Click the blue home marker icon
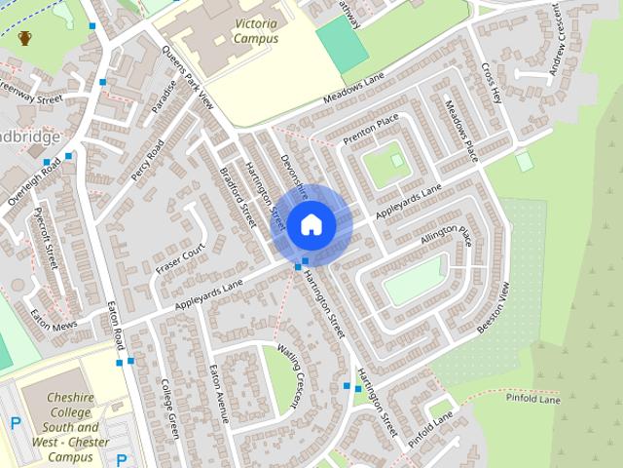pos(311,225)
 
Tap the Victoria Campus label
pos(242,28)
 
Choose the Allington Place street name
pos(446,235)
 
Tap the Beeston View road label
pos(494,310)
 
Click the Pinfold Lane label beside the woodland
pos(534,399)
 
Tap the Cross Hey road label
pos(490,82)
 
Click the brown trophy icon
pos(25,38)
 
